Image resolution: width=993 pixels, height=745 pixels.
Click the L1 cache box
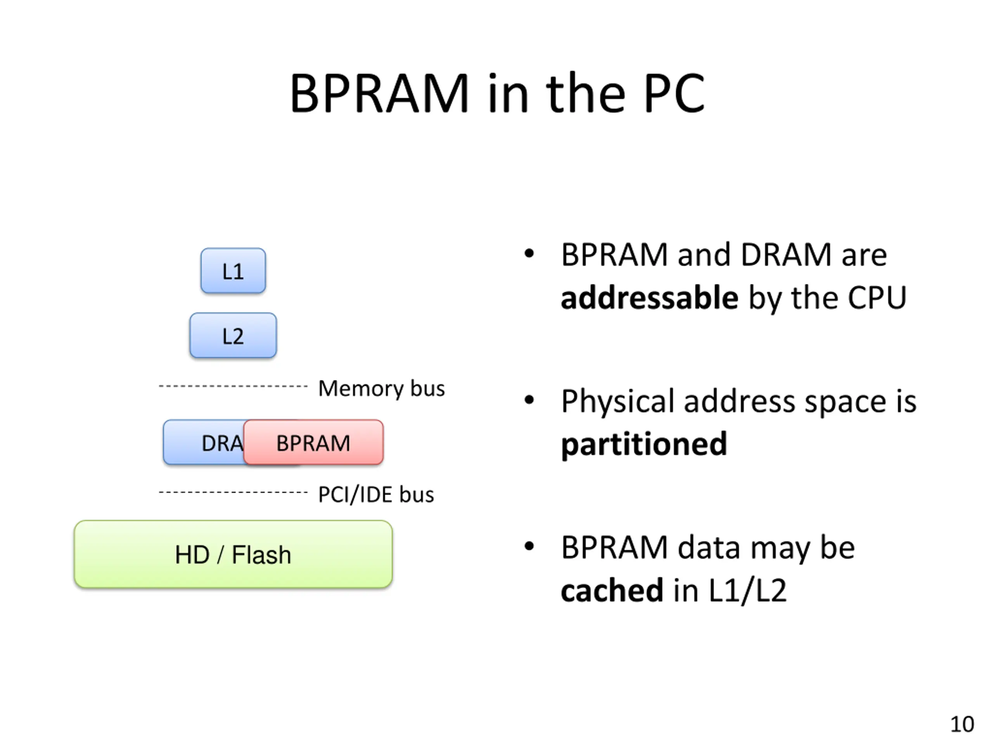pos(233,271)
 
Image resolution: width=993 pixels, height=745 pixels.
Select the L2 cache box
pos(233,336)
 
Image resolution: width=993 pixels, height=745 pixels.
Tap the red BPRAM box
pos(313,442)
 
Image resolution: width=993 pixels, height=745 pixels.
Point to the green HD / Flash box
pos(233,554)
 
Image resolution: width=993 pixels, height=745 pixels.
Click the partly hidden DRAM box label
pos(223,443)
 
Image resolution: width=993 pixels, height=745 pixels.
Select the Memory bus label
pos(382,388)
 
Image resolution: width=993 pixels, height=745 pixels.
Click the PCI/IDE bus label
pos(376,494)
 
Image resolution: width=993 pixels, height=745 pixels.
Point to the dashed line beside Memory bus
pos(233,386)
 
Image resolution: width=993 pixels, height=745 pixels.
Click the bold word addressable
pos(650,298)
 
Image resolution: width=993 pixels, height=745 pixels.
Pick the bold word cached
pos(612,590)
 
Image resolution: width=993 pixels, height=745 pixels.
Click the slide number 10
pos(962,724)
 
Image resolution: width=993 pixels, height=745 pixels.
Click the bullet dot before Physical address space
pos(529,399)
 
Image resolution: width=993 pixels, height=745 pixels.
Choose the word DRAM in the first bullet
pos(786,255)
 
